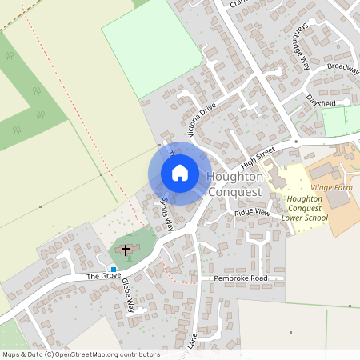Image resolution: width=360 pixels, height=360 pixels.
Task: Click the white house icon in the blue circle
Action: (179, 172)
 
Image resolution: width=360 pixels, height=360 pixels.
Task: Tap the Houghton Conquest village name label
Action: (234, 185)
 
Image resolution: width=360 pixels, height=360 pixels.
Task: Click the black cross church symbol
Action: (126, 250)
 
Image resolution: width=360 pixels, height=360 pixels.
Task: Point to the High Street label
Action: (258, 154)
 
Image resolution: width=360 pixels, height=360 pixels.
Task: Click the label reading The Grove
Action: (103, 275)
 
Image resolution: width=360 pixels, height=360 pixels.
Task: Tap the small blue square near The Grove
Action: (114, 268)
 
